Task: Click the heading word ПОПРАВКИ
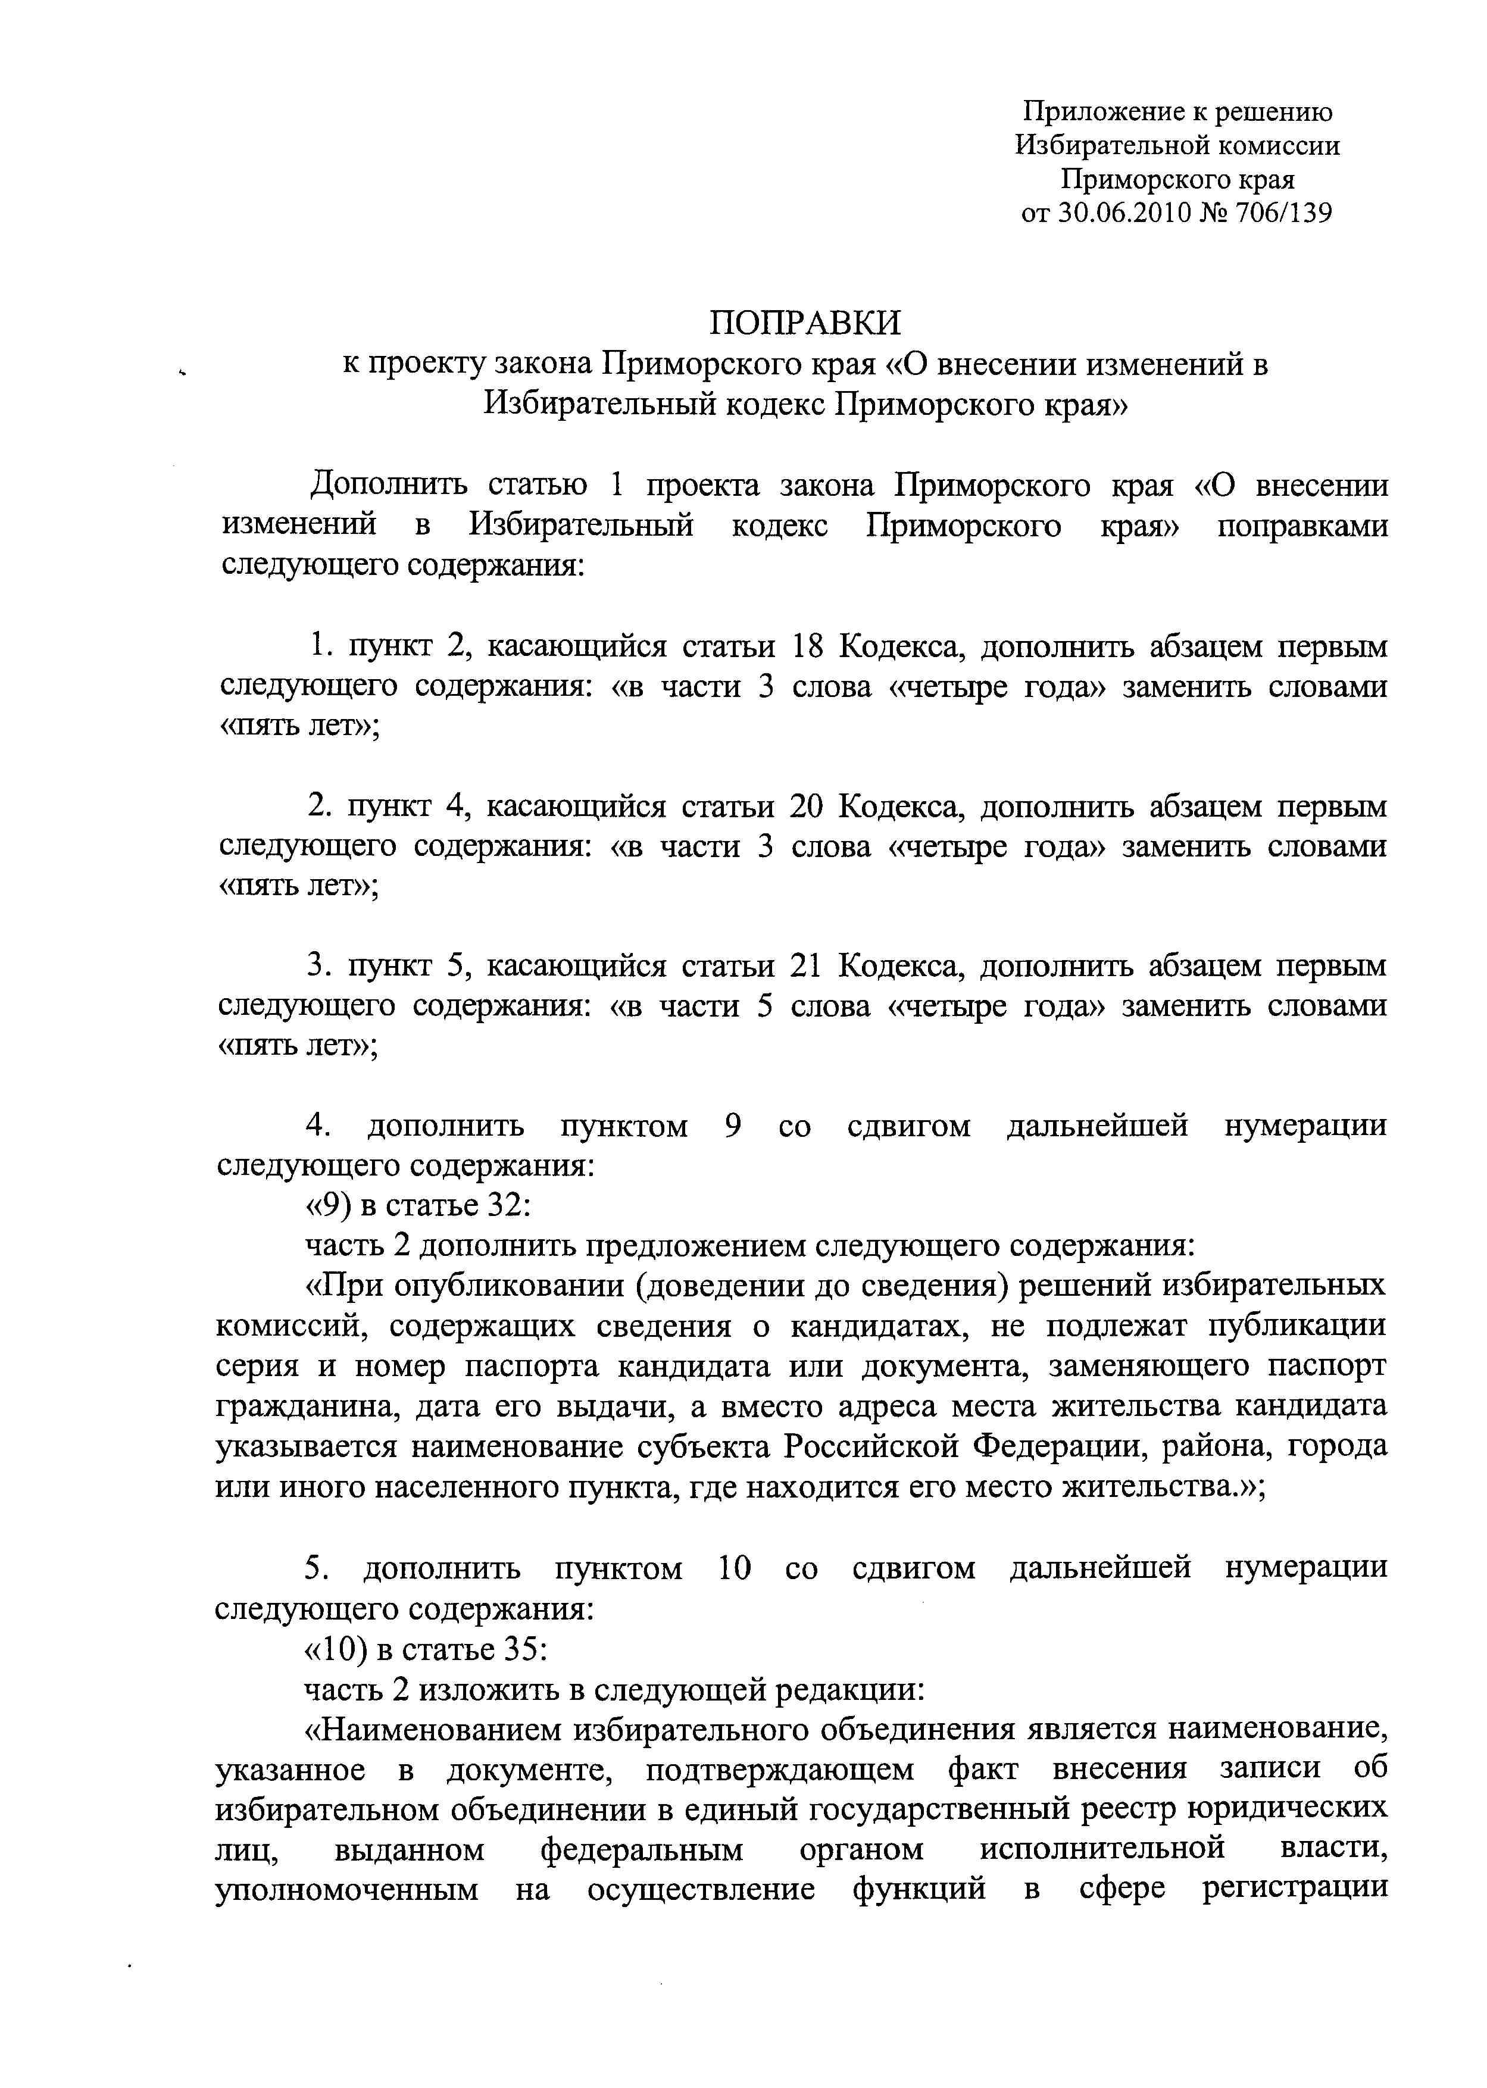[x=806, y=322]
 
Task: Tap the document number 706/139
[x=1284, y=213]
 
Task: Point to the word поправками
[x=1302, y=526]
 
